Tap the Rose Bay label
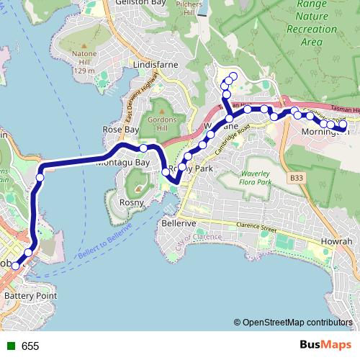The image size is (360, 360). click(120, 130)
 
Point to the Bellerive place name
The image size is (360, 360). click(178, 223)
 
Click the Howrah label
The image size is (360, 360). click(337, 241)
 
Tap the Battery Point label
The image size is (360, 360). click(30, 296)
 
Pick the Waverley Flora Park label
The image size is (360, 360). click(255, 178)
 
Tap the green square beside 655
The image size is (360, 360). click(10, 346)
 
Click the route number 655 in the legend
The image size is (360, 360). click(30, 346)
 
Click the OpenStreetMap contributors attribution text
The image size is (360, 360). click(297, 323)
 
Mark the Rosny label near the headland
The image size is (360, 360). click(132, 203)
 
